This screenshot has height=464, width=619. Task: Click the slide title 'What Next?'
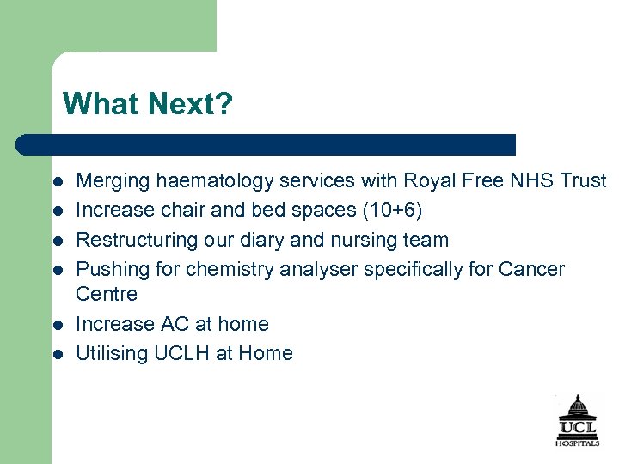coord(147,104)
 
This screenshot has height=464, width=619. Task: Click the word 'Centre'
coord(107,294)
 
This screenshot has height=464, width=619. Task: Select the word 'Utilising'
coord(113,353)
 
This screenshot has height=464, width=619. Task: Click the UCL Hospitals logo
coord(577,420)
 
